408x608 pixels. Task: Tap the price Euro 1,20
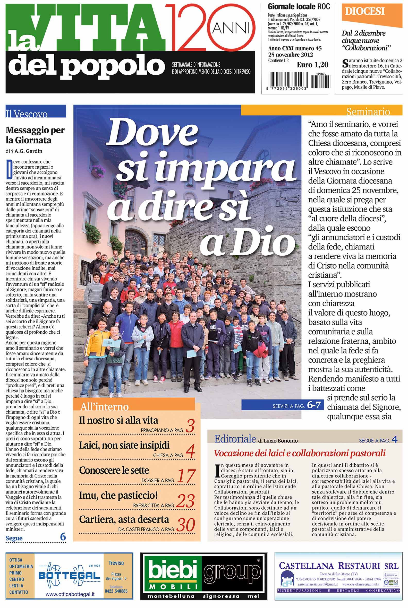pos(312,65)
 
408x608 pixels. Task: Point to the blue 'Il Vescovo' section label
pos(27,114)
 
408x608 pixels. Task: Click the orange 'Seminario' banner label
pos(368,111)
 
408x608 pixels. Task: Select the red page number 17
pos(186,476)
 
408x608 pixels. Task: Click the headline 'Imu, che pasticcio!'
pos(118,495)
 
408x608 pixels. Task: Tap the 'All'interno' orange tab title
pos(105,406)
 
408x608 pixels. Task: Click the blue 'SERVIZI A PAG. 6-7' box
pos(282,405)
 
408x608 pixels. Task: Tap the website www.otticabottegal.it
pos(70,594)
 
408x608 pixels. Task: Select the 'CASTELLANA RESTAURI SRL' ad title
pos(338,566)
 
